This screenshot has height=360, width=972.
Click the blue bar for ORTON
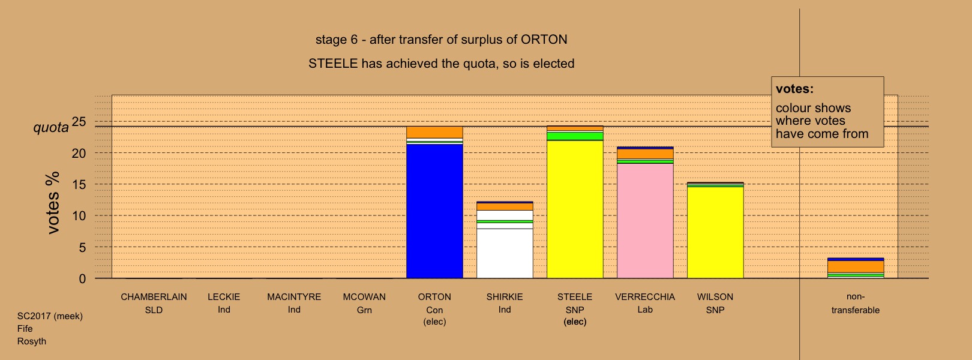[434, 211]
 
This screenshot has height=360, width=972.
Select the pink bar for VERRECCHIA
[645, 221]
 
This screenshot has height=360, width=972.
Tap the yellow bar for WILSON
[715, 232]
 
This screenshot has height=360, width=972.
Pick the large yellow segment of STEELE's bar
[575, 209]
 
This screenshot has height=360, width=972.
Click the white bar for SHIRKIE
[505, 253]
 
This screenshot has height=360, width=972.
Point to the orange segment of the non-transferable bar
[856, 266]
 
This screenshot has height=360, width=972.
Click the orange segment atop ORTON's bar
[434, 132]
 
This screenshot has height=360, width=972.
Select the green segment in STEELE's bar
[575, 136]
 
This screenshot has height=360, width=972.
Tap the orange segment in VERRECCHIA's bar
[645, 154]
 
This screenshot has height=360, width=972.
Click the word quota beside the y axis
[51, 128]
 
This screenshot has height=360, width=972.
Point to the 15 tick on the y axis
[79, 185]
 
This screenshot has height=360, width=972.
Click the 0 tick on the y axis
[82, 279]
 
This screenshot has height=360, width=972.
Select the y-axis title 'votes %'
[53, 203]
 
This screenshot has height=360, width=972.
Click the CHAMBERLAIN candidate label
[154, 297]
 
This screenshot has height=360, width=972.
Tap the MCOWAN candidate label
[364, 297]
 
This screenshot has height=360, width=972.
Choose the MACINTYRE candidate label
[294, 297]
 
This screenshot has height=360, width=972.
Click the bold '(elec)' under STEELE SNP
[575, 322]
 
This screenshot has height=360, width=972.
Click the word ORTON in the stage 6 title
[544, 40]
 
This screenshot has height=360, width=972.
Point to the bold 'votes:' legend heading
[794, 89]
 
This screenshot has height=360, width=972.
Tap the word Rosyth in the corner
[32, 341]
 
